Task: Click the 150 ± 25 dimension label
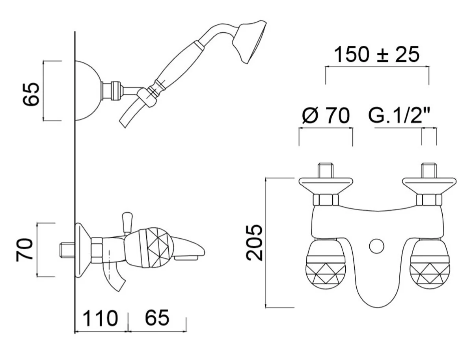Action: (376, 55)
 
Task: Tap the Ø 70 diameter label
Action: (325, 116)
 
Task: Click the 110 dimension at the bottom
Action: (100, 318)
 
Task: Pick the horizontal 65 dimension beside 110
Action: (157, 318)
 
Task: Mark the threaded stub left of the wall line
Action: (67, 250)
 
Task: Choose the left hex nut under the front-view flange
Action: (326, 200)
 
